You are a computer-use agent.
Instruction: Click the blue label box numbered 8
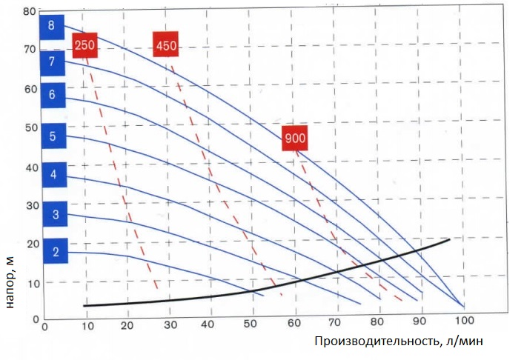[x=51, y=26]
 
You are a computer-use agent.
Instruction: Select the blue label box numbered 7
[x=52, y=61]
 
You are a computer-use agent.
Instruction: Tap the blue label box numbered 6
[x=52, y=94]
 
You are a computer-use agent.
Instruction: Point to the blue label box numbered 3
[x=55, y=215]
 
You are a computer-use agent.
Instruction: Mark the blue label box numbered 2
[x=56, y=252]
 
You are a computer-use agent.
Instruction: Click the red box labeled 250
[x=84, y=46]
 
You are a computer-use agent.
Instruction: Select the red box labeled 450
[x=166, y=46]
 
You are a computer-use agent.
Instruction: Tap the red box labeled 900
[x=294, y=139]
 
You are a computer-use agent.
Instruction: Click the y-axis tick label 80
[x=30, y=12]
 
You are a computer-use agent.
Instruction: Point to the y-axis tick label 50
[x=30, y=127]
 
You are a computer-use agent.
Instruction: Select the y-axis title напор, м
[x=10, y=278]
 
